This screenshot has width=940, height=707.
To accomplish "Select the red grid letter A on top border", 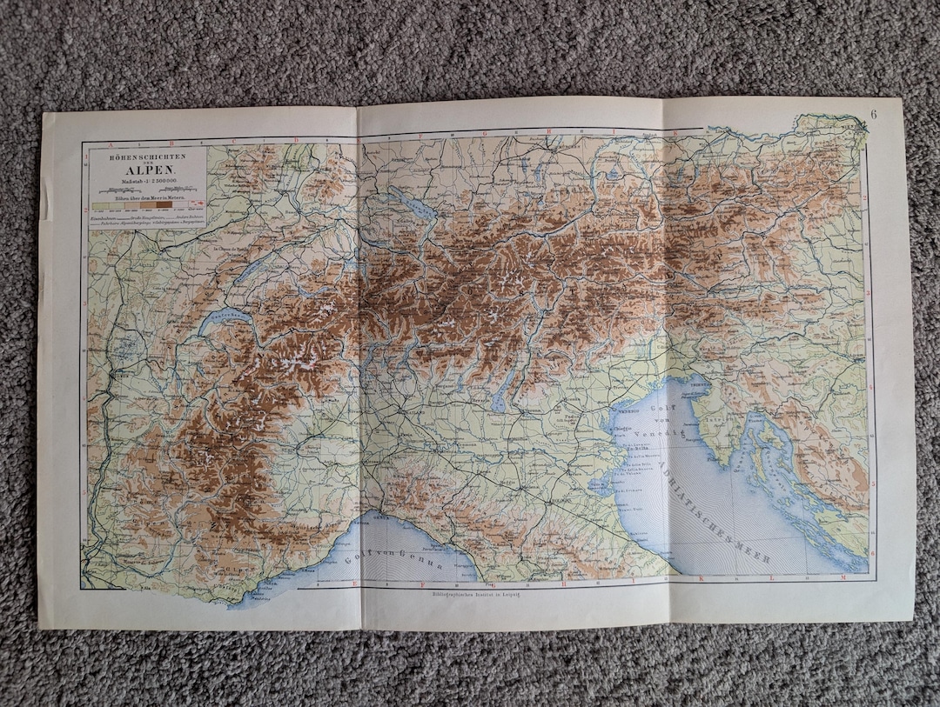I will [111, 140].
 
